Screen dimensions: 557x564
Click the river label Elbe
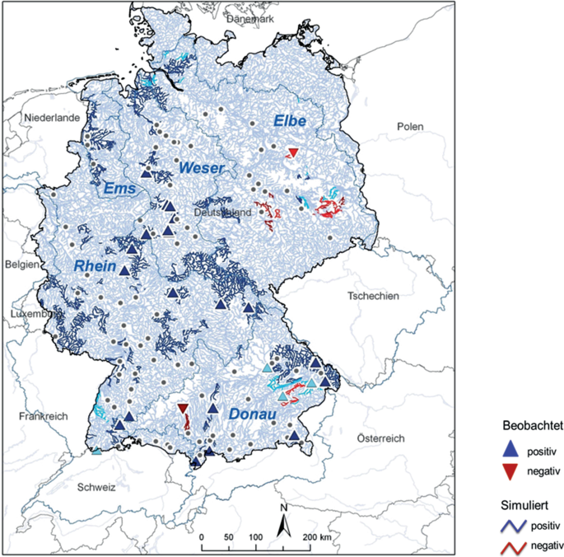click(x=289, y=122)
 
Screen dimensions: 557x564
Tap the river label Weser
click(x=202, y=168)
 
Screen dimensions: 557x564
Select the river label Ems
click(x=119, y=190)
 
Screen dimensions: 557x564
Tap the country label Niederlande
click(x=53, y=119)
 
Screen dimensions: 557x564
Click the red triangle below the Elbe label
click(x=293, y=152)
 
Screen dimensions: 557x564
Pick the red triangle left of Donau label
click(x=183, y=408)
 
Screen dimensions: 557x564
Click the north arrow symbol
click(x=282, y=517)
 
